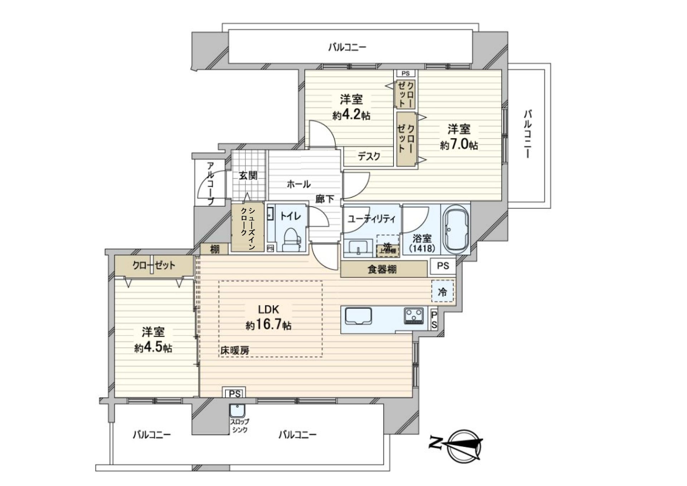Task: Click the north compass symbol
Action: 464,444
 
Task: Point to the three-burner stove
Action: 414,316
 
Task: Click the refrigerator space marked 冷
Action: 443,292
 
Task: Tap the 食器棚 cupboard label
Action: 382,269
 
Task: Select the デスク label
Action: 369,156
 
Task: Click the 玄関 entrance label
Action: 248,176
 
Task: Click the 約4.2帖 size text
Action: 351,115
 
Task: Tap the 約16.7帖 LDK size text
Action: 268,326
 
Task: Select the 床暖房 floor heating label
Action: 234,351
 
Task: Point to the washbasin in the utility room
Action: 359,247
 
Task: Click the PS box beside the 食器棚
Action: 443,266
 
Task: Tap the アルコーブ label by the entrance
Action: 210,183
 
